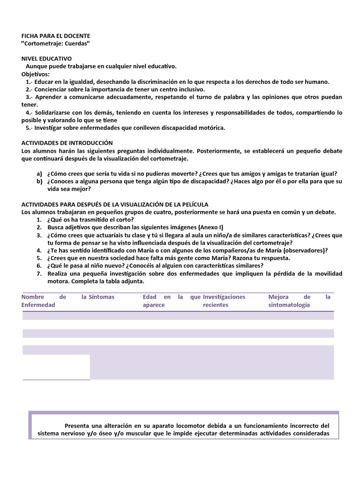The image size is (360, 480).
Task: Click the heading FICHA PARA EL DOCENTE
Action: (56, 36)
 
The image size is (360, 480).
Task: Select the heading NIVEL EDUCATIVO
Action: (46, 59)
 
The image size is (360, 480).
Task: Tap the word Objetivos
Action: (35, 74)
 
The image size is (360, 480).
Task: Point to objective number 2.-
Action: (29, 89)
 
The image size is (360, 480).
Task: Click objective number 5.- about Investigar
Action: (29, 127)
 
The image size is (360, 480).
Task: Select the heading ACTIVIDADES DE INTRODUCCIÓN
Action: (67, 142)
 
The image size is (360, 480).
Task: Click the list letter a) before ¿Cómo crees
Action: (39, 173)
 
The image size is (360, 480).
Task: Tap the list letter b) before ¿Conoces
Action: (39, 181)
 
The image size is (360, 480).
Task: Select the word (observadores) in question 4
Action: (303, 250)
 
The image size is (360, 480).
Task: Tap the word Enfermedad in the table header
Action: (38, 305)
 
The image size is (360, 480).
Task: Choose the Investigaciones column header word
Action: (224, 297)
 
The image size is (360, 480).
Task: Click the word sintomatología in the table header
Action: (289, 305)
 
